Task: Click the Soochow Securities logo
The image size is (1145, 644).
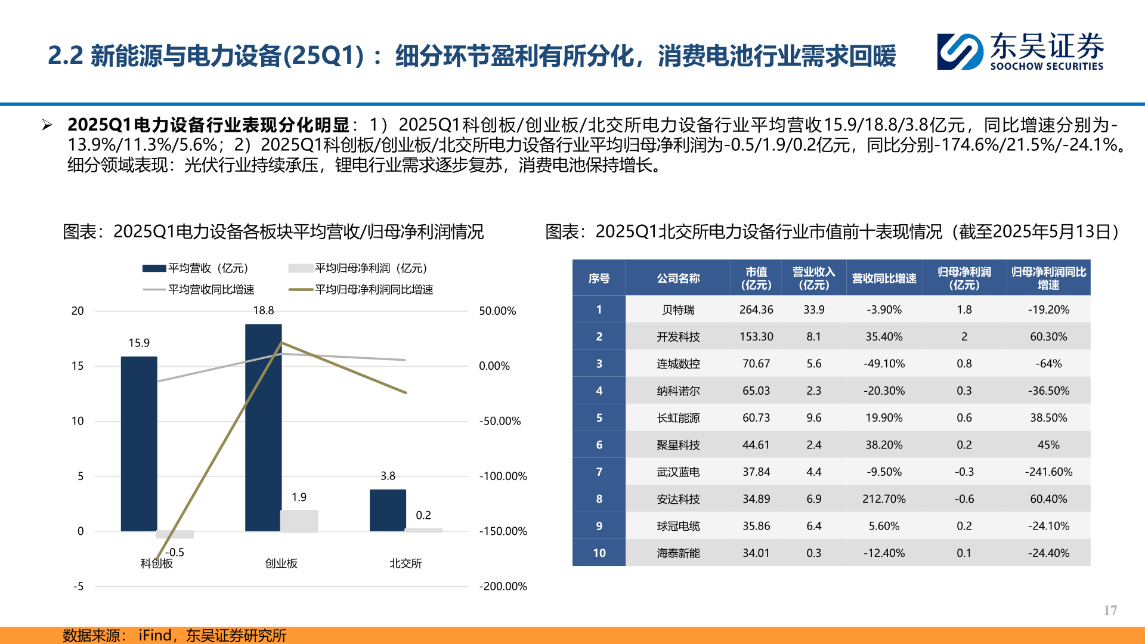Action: (x=1020, y=51)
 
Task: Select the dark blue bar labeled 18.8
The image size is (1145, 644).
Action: (x=263, y=427)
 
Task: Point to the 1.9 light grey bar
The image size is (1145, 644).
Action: (x=299, y=520)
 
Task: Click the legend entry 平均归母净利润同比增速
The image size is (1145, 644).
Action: (x=361, y=289)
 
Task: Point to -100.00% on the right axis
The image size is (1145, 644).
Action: (x=503, y=476)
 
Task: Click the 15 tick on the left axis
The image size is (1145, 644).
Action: (x=78, y=366)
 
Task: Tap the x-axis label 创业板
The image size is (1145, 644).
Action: (x=281, y=563)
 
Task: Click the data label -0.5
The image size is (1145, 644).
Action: (x=174, y=552)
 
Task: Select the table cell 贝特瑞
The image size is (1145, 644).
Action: (x=678, y=309)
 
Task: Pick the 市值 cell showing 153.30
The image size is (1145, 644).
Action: (x=756, y=336)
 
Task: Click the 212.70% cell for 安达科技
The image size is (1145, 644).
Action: (x=884, y=499)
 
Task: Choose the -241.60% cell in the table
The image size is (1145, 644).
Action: (x=1048, y=472)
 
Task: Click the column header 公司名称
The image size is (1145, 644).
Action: (x=678, y=278)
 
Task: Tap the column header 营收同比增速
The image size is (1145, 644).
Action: (x=884, y=278)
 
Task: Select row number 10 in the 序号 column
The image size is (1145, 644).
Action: (x=599, y=553)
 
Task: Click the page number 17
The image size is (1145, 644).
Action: (x=1110, y=610)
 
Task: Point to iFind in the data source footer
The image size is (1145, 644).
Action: (x=154, y=635)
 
